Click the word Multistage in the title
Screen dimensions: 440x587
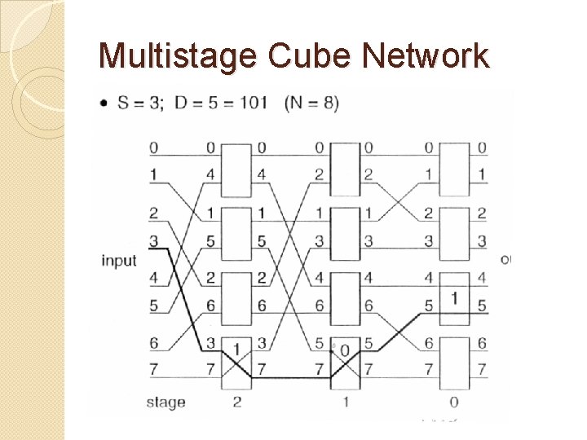click(179, 56)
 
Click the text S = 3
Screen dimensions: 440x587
click(141, 103)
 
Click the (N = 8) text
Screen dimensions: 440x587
click(311, 103)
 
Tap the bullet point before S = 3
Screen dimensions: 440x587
click(105, 104)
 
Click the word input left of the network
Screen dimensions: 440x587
click(119, 261)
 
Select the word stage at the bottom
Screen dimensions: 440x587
click(166, 402)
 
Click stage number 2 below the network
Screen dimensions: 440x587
click(236, 402)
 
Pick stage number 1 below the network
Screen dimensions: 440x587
click(345, 402)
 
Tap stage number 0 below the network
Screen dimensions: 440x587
click(453, 402)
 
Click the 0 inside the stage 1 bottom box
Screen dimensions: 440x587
click(345, 350)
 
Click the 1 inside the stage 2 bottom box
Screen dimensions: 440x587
click(236, 350)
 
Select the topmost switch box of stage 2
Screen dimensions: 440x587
click(236, 170)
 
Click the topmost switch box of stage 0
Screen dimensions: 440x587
click(454, 170)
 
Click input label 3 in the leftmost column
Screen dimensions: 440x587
click(153, 240)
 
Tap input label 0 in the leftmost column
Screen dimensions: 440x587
click(153, 148)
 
